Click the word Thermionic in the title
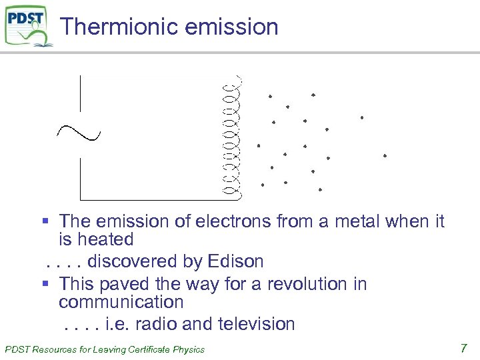pos(109,27)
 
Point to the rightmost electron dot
pos(385,155)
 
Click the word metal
pos(354,221)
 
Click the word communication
pos(121,302)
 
